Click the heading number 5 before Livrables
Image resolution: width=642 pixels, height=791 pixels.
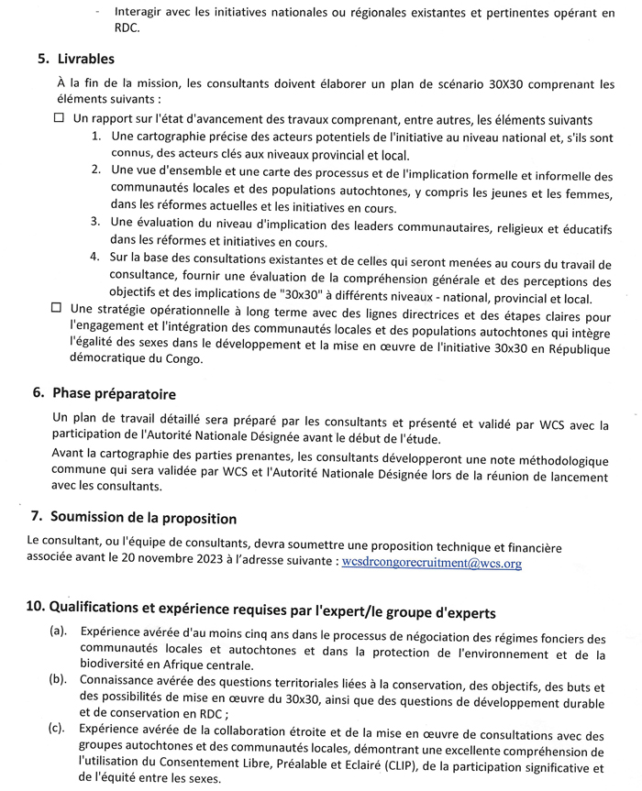[x=43, y=59]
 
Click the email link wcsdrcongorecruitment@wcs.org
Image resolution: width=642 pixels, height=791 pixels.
[x=431, y=564]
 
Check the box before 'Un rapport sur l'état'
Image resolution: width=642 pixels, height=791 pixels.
[x=60, y=119]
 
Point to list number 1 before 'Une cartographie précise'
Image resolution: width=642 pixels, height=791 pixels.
[x=96, y=136]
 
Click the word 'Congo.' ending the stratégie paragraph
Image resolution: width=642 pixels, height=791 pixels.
[x=179, y=359]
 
